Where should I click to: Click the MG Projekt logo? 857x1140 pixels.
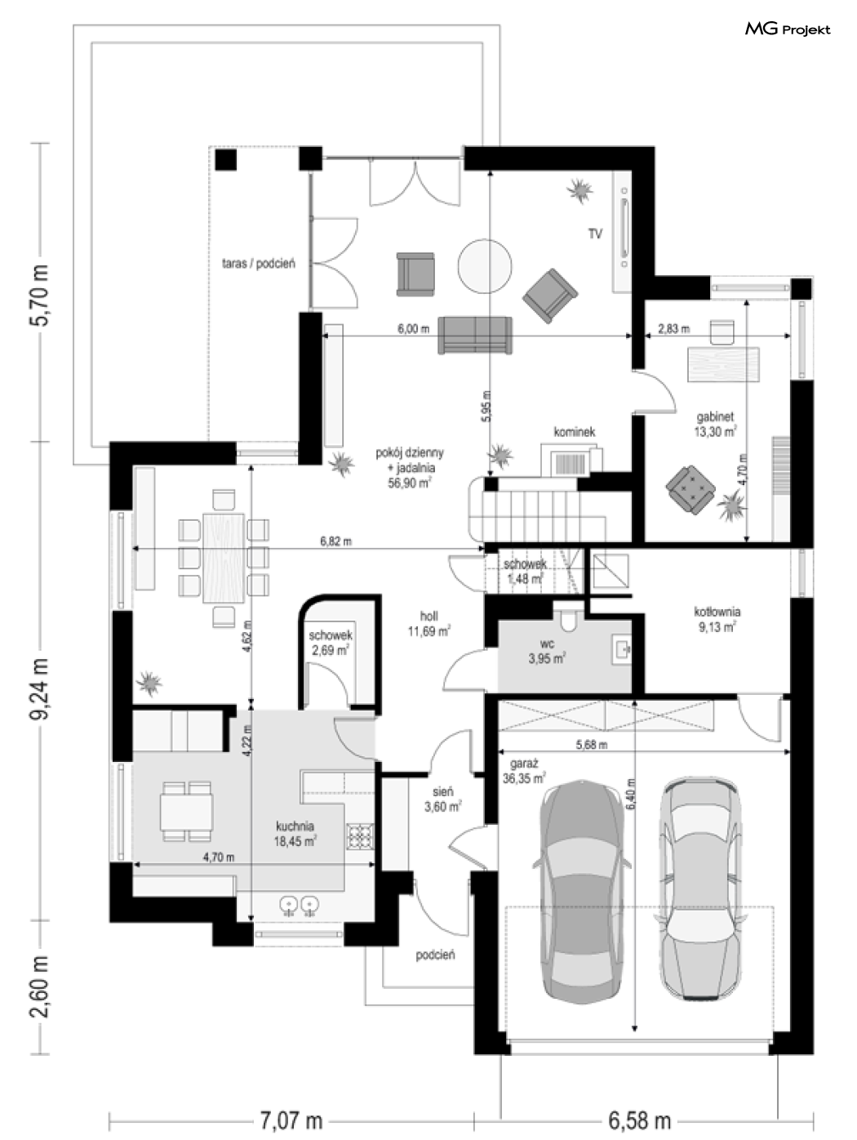[788, 29]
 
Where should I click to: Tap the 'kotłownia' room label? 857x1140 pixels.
[717, 612]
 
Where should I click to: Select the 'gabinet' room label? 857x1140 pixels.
[715, 416]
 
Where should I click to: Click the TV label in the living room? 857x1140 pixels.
[595, 234]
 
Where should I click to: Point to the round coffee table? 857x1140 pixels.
[485, 266]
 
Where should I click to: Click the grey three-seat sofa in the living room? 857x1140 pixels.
[475, 335]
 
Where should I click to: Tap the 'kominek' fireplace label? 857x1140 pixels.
[574, 432]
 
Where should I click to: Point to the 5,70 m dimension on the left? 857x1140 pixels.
[40, 295]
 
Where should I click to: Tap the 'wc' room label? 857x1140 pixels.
[547, 644]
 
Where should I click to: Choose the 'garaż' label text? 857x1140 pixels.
[523, 764]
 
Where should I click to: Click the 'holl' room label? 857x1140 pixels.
[428, 616]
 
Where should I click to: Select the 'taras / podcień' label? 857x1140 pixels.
[259, 263]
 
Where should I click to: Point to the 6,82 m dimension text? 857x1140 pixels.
[335, 541]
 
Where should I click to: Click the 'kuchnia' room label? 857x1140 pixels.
[295, 826]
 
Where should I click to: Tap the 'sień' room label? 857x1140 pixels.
[442, 791]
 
